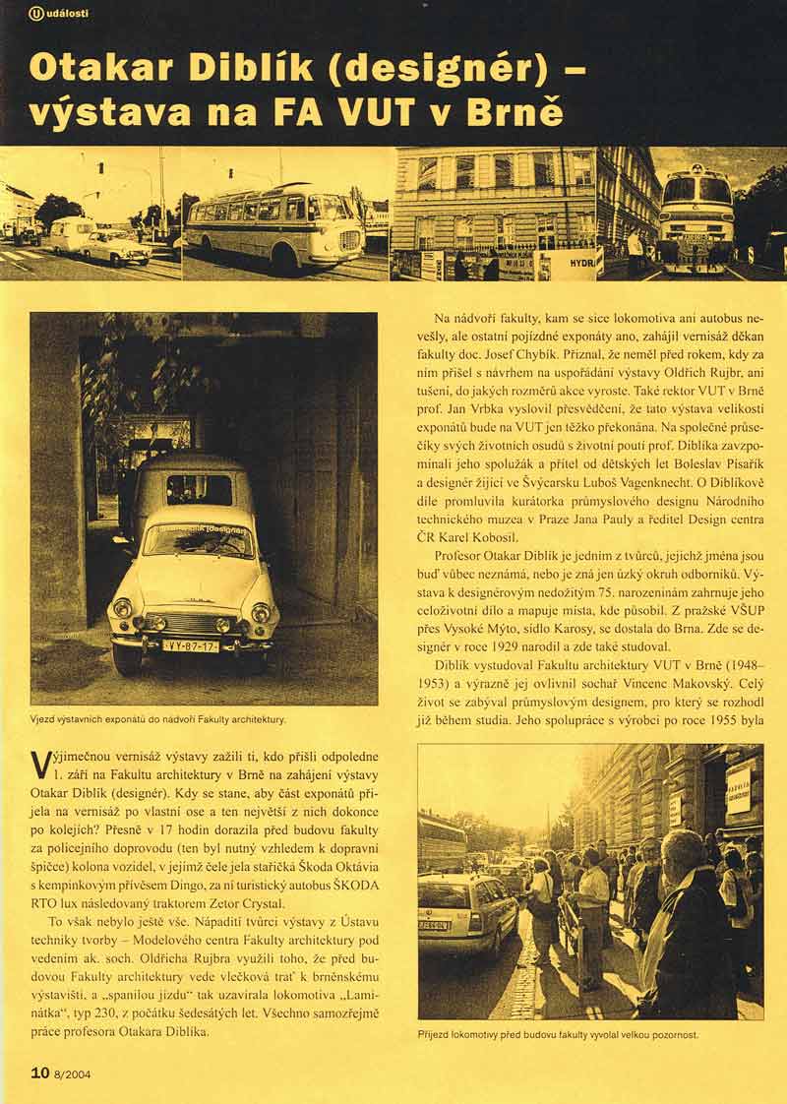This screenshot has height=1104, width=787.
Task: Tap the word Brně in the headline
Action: [x=516, y=112]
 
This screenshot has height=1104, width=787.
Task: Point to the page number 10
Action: [x=39, y=1073]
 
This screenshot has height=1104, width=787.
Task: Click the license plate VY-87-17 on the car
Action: [x=191, y=645]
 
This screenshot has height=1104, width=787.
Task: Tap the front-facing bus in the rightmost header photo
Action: [x=696, y=216]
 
